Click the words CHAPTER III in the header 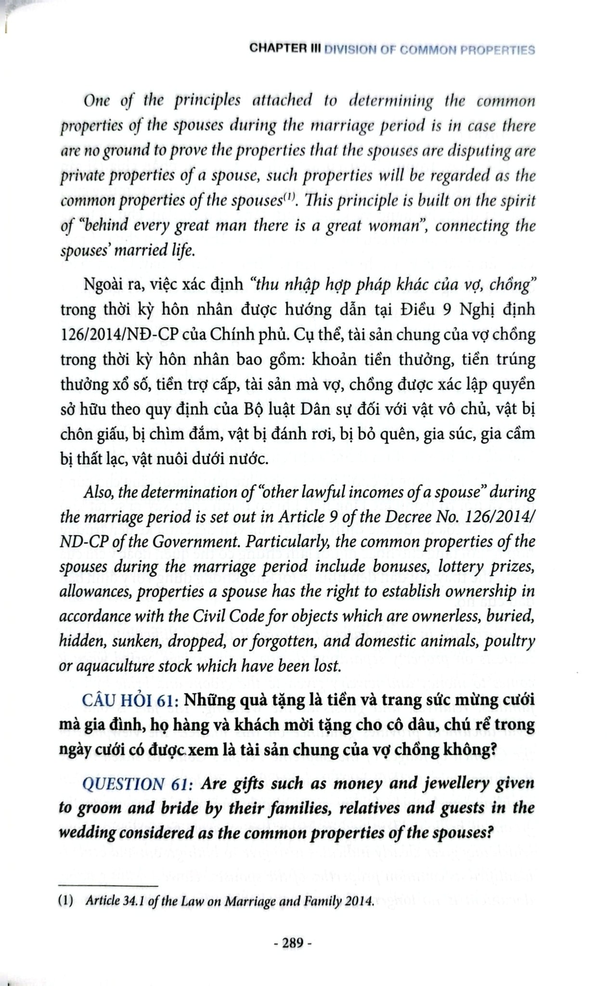(285, 50)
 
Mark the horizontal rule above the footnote (108, 885)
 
